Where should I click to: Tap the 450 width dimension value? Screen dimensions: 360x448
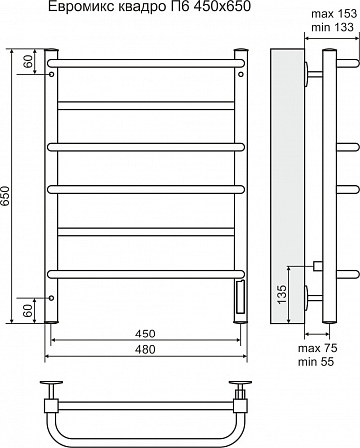145,334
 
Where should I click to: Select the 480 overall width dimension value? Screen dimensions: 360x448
145,349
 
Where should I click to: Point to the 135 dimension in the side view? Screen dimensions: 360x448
281,294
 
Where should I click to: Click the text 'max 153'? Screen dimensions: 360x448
334,14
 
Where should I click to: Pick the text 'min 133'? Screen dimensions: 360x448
332,27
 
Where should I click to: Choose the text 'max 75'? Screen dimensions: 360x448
318,348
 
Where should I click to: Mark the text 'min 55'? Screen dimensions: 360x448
316,362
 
